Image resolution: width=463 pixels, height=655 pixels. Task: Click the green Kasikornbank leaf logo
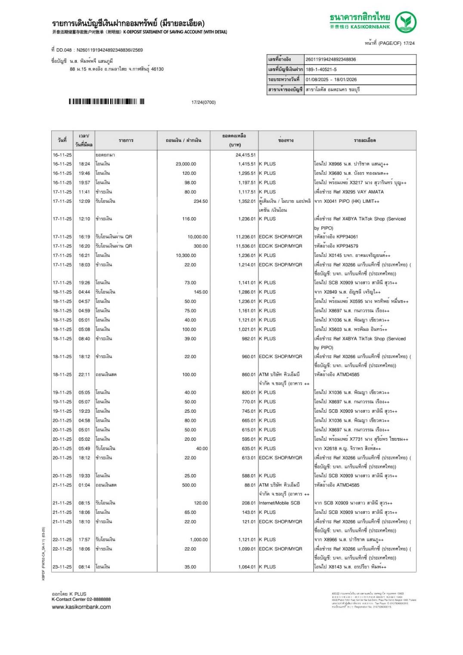[405, 22]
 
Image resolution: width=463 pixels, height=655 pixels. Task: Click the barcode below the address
[106, 102]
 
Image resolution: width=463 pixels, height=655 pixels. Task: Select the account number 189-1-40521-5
[321, 69]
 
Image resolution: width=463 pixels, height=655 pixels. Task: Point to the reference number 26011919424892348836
[330, 59]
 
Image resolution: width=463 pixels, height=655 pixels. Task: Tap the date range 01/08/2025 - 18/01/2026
[331, 80]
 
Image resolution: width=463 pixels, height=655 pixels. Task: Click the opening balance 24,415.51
[245, 155]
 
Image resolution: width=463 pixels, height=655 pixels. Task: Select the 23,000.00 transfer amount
[185, 164]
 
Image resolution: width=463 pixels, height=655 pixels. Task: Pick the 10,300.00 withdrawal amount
[185, 255]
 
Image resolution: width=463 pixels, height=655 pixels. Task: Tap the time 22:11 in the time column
[84, 374]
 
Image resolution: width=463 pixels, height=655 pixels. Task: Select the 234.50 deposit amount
[201, 201]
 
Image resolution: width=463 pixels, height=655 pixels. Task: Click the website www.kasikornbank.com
[81, 607]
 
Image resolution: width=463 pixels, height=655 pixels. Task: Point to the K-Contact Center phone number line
[81, 599]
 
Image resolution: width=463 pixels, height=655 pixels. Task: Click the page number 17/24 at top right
[409, 43]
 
